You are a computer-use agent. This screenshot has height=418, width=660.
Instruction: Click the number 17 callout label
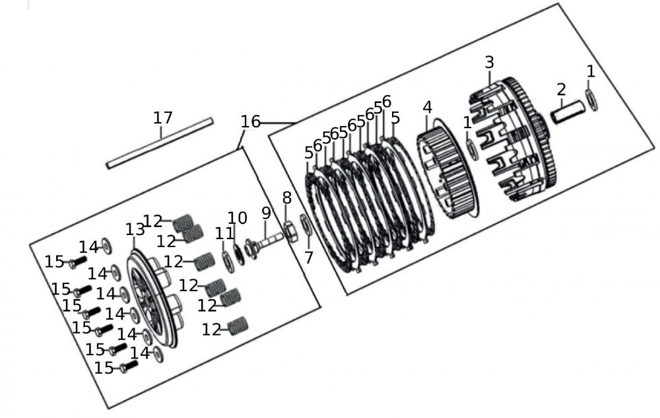click(x=162, y=118)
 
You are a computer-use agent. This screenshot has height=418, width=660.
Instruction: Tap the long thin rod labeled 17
click(x=160, y=143)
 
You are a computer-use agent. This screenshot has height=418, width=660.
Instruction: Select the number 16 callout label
click(x=250, y=122)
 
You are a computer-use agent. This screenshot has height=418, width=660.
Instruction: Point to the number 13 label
click(x=135, y=229)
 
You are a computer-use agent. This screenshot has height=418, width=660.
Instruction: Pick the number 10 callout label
click(x=238, y=218)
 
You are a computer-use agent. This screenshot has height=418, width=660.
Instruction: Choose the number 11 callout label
click(x=224, y=232)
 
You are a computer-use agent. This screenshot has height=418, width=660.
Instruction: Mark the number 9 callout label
click(x=266, y=213)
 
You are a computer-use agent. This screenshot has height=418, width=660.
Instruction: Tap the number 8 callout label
click(x=286, y=197)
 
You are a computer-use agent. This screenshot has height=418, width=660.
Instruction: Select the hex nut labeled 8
click(x=289, y=233)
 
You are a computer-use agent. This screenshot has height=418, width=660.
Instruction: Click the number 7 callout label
click(x=309, y=257)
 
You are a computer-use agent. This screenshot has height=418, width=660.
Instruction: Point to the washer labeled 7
click(x=306, y=225)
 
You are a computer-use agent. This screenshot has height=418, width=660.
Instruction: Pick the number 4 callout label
click(x=428, y=107)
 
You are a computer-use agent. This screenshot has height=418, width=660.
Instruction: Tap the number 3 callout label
click(x=489, y=63)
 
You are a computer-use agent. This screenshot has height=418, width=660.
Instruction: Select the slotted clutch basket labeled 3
click(x=511, y=142)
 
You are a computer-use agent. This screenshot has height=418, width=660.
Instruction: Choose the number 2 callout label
click(x=561, y=89)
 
